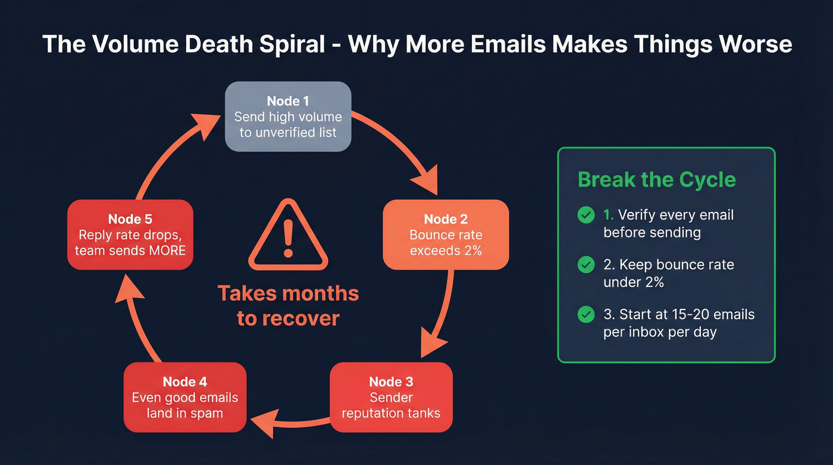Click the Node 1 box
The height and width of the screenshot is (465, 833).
[x=288, y=117]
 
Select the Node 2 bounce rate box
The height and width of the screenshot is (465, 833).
[x=446, y=235]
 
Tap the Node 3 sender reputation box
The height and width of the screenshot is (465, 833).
[x=391, y=397]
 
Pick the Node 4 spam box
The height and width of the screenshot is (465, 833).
[x=185, y=397]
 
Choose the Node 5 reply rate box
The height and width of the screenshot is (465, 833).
[x=130, y=235]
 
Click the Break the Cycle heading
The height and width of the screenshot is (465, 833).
[x=656, y=180]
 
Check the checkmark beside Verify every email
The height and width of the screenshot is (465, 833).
[x=586, y=216]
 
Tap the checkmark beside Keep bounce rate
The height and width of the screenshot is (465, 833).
[x=586, y=265]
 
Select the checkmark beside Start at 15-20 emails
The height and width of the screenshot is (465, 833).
[x=586, y=314]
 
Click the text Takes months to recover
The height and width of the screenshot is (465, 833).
[x=288, y=305]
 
